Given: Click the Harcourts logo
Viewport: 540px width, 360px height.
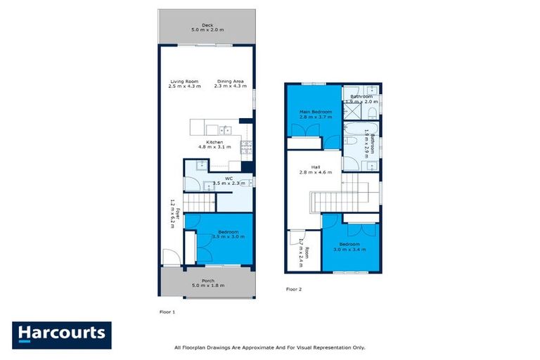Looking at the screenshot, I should pos(62,334).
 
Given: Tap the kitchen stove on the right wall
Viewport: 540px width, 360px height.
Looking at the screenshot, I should pos(246,148).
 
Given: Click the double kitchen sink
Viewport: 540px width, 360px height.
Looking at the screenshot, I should pos(225,129).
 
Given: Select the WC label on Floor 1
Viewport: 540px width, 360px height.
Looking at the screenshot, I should pos(229,178).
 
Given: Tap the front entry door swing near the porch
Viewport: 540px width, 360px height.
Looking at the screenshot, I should pos(169,257).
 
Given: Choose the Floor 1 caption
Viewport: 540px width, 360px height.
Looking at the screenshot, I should pos(167,310).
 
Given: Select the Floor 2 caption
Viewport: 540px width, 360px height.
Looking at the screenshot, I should pos(293,289).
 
